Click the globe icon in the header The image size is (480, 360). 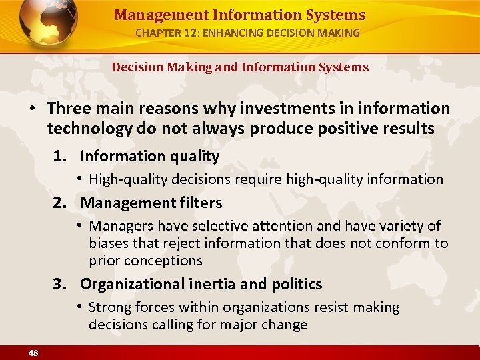point(49,24)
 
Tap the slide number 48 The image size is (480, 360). point(33,352)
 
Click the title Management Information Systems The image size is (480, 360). point(239,15)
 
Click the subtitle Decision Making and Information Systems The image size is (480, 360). point(239,67)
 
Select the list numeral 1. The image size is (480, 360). point(60,157)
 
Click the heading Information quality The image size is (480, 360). point(149,157)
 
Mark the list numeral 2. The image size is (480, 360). point(60,203)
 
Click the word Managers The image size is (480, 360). point(118,227)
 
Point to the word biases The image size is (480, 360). point(110,243)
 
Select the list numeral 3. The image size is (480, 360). point(60,285)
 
